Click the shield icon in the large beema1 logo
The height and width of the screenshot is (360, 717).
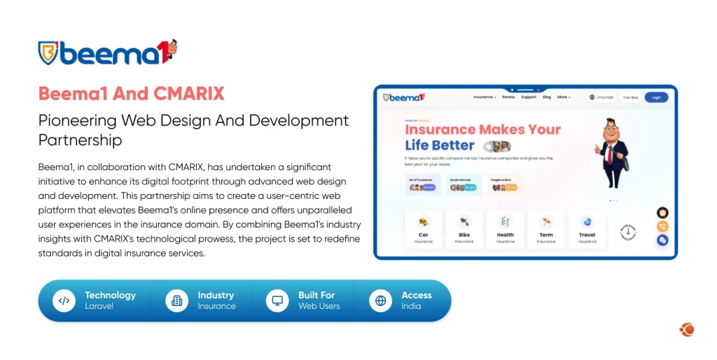48,53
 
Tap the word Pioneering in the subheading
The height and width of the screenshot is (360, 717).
77,120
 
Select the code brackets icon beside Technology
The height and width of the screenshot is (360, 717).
64,300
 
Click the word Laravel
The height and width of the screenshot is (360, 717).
99,306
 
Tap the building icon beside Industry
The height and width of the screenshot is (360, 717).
176,300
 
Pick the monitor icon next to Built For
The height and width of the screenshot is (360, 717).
277,300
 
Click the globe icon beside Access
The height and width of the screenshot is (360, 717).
380,300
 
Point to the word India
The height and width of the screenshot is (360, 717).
411,306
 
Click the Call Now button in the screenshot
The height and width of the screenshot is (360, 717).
630,97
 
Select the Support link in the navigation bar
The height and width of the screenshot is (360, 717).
529,97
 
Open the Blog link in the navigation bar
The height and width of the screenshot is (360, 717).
547,97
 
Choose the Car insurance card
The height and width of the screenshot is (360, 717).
424,229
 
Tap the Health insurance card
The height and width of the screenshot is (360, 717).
505,229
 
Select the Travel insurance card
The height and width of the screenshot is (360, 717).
587,229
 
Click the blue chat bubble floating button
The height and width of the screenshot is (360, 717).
662,240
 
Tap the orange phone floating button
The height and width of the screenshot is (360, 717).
662,226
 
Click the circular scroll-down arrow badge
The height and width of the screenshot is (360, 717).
628,231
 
